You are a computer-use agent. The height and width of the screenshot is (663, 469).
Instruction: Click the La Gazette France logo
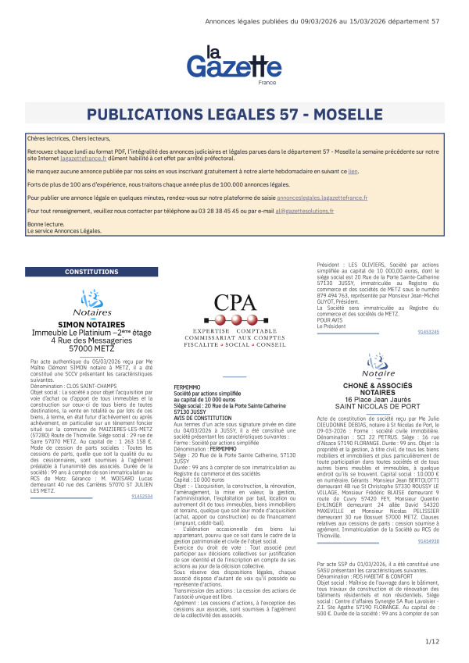[224, 66]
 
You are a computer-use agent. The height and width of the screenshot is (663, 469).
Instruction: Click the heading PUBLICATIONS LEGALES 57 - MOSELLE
[234, 115]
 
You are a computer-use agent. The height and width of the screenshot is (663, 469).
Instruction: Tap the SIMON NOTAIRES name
[91, 323]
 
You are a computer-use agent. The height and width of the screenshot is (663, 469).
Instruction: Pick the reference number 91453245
[428, 332]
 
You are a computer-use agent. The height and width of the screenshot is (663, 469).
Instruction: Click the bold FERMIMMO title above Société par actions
[188, 387]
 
